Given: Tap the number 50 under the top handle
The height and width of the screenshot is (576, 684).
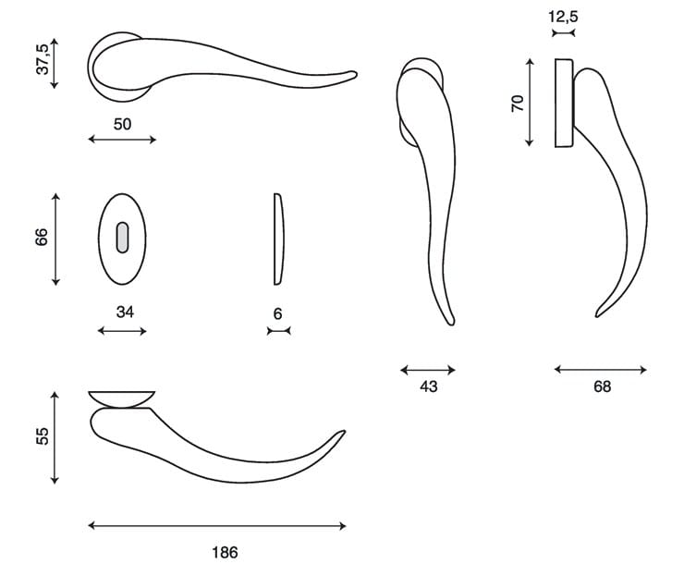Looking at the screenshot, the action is (122, 125).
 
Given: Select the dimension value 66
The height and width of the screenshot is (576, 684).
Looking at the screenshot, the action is (42, 237).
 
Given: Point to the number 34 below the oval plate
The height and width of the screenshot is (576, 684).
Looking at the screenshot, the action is (125, 312).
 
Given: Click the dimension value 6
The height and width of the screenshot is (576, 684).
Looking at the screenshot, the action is (278, 313).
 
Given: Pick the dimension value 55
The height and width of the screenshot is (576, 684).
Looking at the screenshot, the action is (43, 435).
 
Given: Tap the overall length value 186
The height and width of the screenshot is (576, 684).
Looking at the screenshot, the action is (226, 553).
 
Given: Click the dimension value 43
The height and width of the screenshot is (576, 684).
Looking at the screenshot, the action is (428, 386).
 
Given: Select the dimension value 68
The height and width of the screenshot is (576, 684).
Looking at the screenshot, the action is (602, 386).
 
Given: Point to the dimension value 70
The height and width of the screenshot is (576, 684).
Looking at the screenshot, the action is (518, 104).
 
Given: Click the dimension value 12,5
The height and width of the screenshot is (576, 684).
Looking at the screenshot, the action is (563, 17).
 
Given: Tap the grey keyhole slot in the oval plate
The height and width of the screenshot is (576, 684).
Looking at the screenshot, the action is (123, 238).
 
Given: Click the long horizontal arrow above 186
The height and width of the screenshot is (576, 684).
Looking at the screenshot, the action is (217, 526).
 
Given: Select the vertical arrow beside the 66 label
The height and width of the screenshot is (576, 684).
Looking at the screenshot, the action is (55, 239).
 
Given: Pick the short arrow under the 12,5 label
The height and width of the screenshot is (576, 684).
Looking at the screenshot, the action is (564, 32).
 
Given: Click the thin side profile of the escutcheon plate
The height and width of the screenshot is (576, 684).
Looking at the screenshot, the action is (279, 239).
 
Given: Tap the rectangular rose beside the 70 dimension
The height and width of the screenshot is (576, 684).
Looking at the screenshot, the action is (564, 103).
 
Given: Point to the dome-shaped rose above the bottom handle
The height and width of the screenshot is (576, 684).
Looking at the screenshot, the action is (122, 399).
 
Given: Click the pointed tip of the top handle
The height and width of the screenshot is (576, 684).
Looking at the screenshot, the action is (356, 73).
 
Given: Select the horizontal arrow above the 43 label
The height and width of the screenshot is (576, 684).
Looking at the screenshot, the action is (428, 371).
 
